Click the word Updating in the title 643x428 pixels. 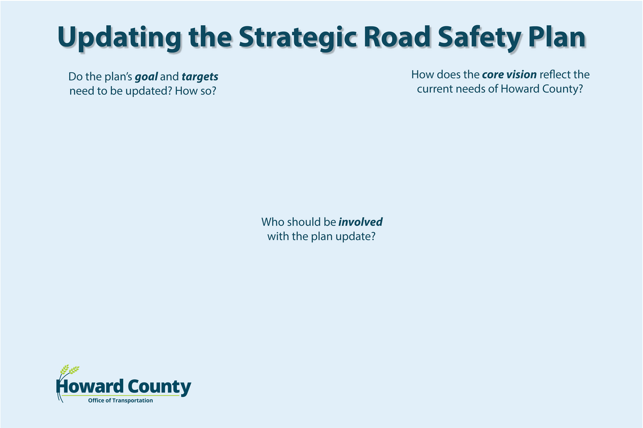tap(119, 39)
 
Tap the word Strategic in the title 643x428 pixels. tap(298, 39)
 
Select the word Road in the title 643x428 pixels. tap(397, 37)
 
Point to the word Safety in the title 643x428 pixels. tap(480, 39)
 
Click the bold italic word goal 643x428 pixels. tap(146, 77)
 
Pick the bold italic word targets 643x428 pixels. tap(200, 77)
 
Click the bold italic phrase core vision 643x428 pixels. tap(509, 74)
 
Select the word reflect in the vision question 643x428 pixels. tap(555, 74)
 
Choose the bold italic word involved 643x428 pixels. tap(360, 222)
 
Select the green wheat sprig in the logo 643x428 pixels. tap(70, 370)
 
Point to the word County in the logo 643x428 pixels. tap(159, 387)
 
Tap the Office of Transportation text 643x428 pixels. tap(120, 401)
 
